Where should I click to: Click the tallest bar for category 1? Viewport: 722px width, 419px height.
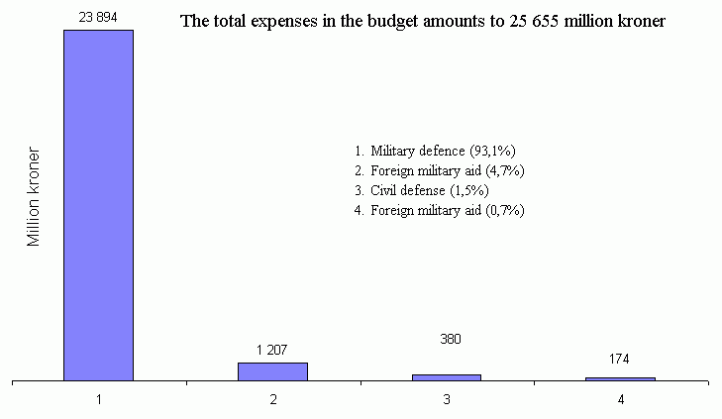click(98, 205)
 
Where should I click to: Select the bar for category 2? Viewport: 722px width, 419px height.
click(272, 371)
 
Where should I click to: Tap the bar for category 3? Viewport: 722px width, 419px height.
click(447, 377)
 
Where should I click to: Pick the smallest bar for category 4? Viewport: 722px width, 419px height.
click(620, 378)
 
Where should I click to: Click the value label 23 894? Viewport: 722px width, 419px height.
click(97, 17)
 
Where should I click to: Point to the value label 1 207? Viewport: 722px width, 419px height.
click(272, 349)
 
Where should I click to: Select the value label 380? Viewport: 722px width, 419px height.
click(448, 339)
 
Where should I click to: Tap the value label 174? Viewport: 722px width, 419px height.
click(620, 359)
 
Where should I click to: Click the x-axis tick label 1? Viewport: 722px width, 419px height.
click(99, 399)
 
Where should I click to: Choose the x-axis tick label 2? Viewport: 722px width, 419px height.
click(272, 399)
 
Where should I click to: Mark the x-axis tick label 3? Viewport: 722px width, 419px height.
click(447, 399)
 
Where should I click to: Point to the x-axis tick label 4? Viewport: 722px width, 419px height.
click(621, 399)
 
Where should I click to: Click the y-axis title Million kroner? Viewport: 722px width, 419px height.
click(34, 198)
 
